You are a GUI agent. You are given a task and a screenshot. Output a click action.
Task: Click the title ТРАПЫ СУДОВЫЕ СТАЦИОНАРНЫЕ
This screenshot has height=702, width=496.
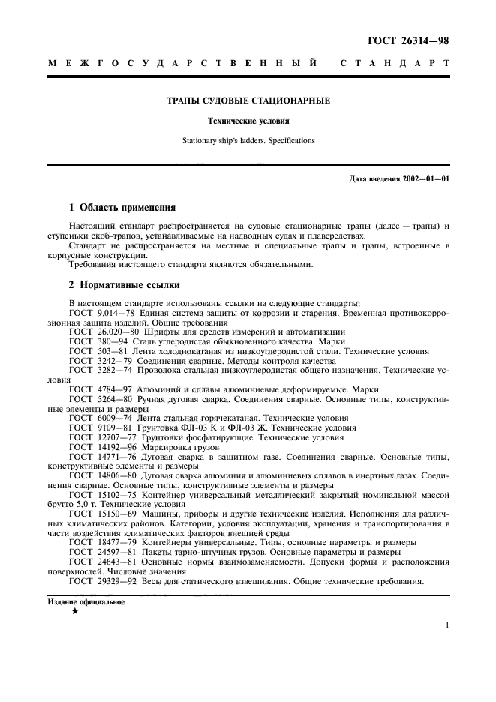(248, 100)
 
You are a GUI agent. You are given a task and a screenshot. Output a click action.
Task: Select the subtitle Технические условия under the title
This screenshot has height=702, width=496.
(248, 120)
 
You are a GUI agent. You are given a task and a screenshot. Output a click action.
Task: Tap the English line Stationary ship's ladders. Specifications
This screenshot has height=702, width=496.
(248, 139)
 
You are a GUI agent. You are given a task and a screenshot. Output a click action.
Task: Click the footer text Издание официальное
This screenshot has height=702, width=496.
(86, 601)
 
